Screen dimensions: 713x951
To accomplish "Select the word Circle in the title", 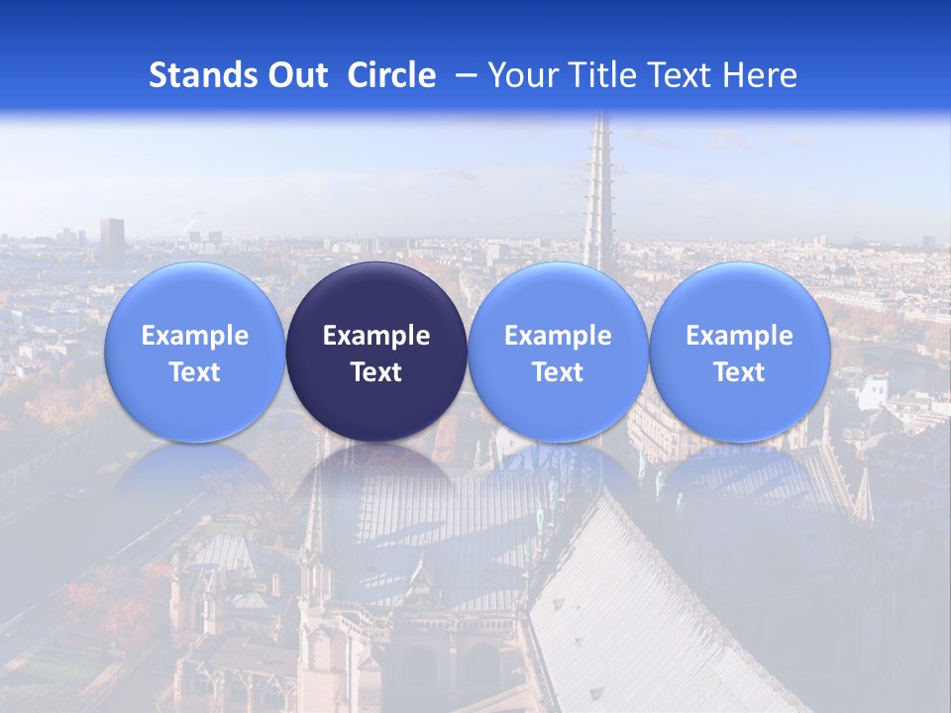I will click(391, 75).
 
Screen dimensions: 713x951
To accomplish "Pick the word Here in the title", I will click(760, 75).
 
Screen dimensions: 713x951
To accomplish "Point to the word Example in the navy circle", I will click(376, 336).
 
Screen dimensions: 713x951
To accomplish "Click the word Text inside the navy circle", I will click(376, 372).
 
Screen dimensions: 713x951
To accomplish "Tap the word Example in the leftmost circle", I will click(194, 336).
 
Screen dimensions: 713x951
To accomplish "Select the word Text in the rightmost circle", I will click(739, 372).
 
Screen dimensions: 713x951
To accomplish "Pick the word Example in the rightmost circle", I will click(739, 336).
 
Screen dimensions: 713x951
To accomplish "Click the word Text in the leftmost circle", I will click(194, 372).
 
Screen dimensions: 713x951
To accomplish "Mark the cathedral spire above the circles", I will click(598, 188).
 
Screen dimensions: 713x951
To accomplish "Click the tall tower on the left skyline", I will click(112, 242).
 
